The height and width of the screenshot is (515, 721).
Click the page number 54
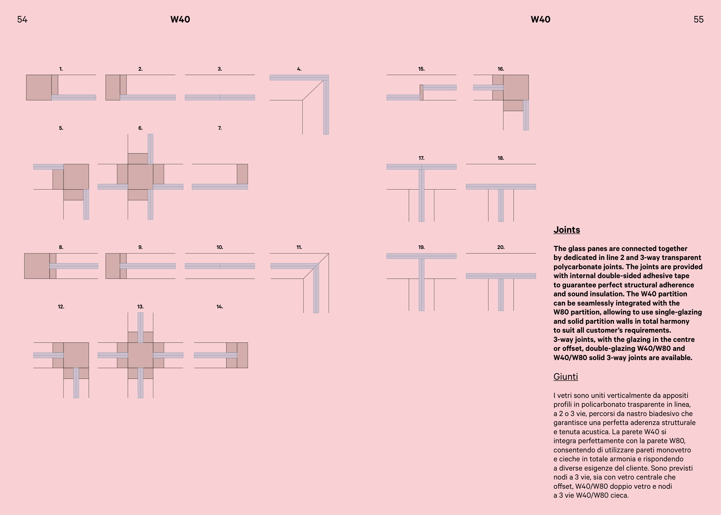tap(22, 20)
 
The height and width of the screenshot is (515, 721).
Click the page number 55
tap(698, 20)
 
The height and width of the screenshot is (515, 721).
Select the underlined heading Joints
tap(567, 230)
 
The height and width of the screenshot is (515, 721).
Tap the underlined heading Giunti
tap(566, 377)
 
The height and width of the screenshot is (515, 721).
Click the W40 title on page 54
tap(180, 20)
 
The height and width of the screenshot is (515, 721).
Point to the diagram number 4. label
tap(299, 69)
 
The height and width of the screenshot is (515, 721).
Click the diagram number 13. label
tap(140, 307)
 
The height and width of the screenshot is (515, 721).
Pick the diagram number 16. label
tap(501, 69)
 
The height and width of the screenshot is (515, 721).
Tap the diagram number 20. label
tap(501, 247)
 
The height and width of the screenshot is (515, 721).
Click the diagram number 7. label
tap(220, 128)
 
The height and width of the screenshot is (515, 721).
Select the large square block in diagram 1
tap(39, 87)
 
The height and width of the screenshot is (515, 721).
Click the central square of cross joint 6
tap(140, 177)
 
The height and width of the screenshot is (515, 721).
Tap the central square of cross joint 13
tap(140, 355)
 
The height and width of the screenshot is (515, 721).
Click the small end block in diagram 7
tap(242, 174)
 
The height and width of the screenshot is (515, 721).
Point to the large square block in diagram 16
tap(516, 87)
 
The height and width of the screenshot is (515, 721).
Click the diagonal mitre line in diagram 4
tap(313, 90)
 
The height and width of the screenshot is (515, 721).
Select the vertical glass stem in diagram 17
tap(421, 195)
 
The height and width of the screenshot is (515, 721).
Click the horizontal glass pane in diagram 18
tap(501, 187)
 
